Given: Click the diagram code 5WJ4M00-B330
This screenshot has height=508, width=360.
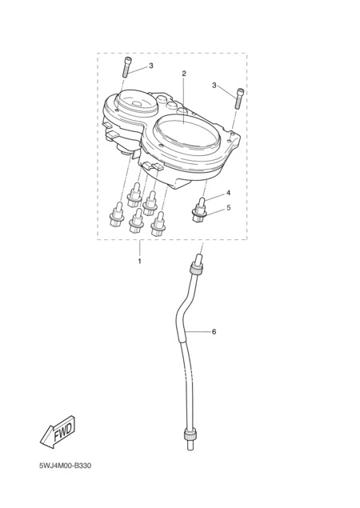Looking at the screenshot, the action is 65,466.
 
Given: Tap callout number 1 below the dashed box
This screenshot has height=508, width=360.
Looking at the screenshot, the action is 140,261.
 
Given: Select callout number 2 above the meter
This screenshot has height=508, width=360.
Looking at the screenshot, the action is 184,74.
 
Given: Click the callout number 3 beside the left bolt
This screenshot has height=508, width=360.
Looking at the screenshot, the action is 151,66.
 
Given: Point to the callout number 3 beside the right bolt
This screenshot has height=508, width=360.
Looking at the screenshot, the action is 214,86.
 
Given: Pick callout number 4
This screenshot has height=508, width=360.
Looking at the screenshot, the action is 228,193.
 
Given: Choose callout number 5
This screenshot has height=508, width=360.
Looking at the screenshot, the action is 229,207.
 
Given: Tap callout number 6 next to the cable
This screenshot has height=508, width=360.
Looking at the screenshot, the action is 214,332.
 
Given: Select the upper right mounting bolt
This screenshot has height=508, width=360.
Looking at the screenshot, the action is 239,98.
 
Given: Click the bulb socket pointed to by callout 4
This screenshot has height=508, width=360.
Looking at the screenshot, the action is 199,210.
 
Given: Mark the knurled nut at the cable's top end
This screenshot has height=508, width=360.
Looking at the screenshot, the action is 196,270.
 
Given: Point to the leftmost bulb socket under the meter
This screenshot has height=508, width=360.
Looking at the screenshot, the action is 117,214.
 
